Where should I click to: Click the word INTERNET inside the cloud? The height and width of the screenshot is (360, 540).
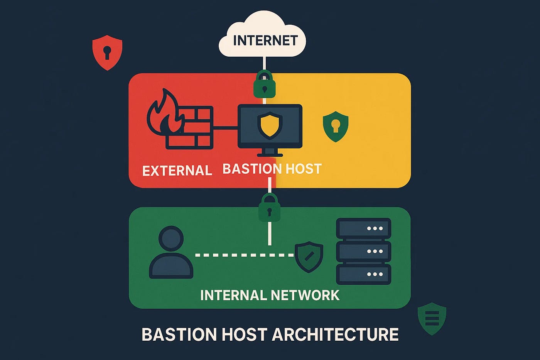[265, 41]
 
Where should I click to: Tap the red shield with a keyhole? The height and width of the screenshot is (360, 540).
[107, 52]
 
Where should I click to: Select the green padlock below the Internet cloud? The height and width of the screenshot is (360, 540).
[264, 85]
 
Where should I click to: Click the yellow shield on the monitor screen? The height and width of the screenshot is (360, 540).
[270, 125]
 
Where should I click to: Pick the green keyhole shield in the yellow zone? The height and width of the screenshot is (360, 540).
[336, 126]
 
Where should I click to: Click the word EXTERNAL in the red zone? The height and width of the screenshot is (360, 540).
[177, 171]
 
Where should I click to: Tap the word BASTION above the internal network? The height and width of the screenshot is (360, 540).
[247, 169]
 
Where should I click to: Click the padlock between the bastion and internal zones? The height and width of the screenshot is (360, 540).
[269, 208]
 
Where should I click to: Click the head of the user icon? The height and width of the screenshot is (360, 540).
[171, 238]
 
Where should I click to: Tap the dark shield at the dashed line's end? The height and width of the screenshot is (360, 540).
[309, 257]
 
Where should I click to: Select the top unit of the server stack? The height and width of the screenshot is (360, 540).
[363, 228]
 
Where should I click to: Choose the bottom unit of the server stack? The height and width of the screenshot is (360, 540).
[363, 274]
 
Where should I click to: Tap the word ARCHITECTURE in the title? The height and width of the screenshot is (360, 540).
[335, 335]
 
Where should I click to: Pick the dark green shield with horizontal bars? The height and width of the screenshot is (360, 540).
[432, 318]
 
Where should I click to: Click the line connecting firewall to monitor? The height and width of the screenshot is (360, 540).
[225, 127]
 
